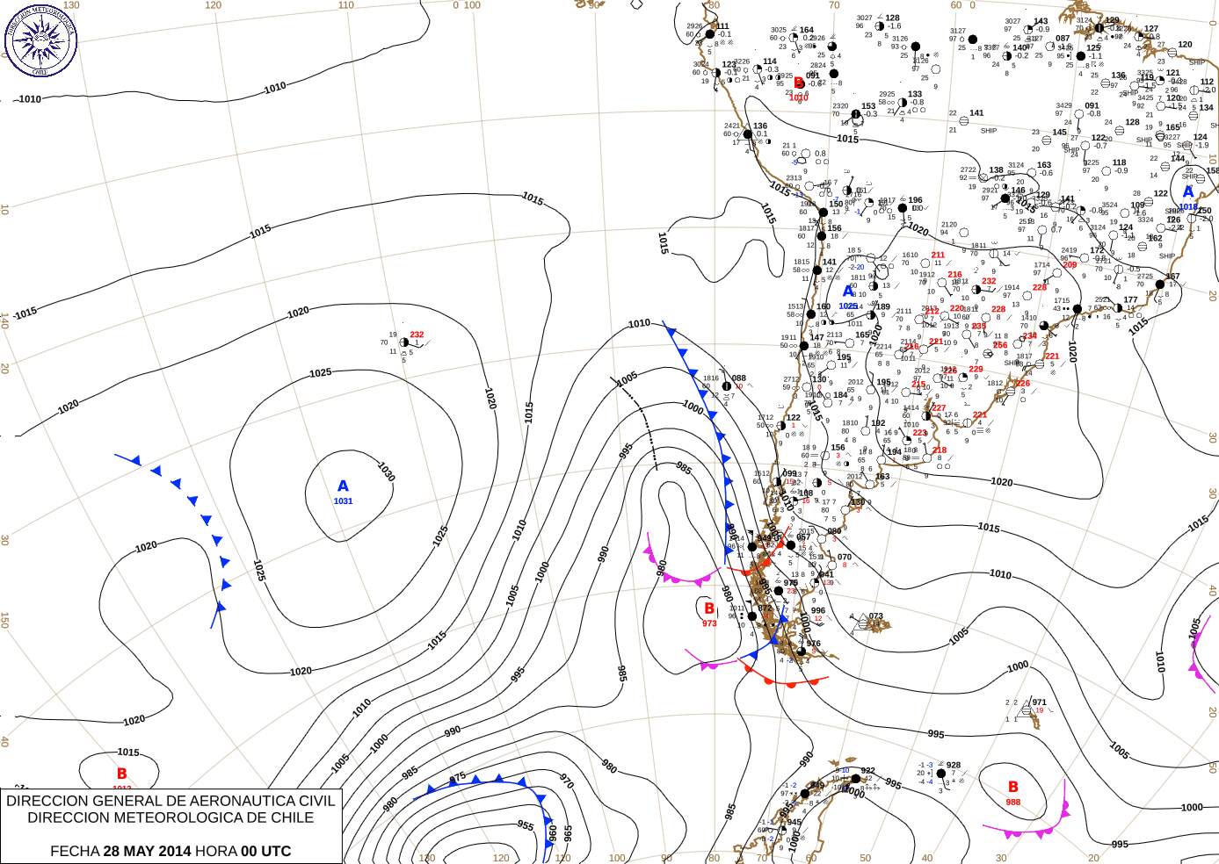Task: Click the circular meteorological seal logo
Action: pyautogui.click(x=40, y=40)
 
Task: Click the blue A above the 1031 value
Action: pyautogui.click(x=343, y=486)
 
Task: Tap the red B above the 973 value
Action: pyautogui.click(x=709, y=608)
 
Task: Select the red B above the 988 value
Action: pyautogui.click(x=1013, y=787)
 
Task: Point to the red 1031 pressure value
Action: pyautogui.click(x=343, y=501)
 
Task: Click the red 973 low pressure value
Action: pyautogui.click(x=709, y=623)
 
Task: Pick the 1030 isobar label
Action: pyautogui.click(x=386, y=472)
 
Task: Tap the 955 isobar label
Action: pyautogui.click(x=526, y=825)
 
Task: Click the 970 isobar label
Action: pyautogui.click(x=567, y=781)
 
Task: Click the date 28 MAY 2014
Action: pyautogui.click(x=147, y=851)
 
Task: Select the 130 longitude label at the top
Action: pyautogui.click(x=71, y=5)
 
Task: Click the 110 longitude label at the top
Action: pyautogui.click(x=346, y=5)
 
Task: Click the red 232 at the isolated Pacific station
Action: pyautogui.click(x=417, y=335)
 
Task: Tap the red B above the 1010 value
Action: pyautogui.click(x=798, y=83)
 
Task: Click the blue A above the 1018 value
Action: pyautogui.click(x=1188, y=191)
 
